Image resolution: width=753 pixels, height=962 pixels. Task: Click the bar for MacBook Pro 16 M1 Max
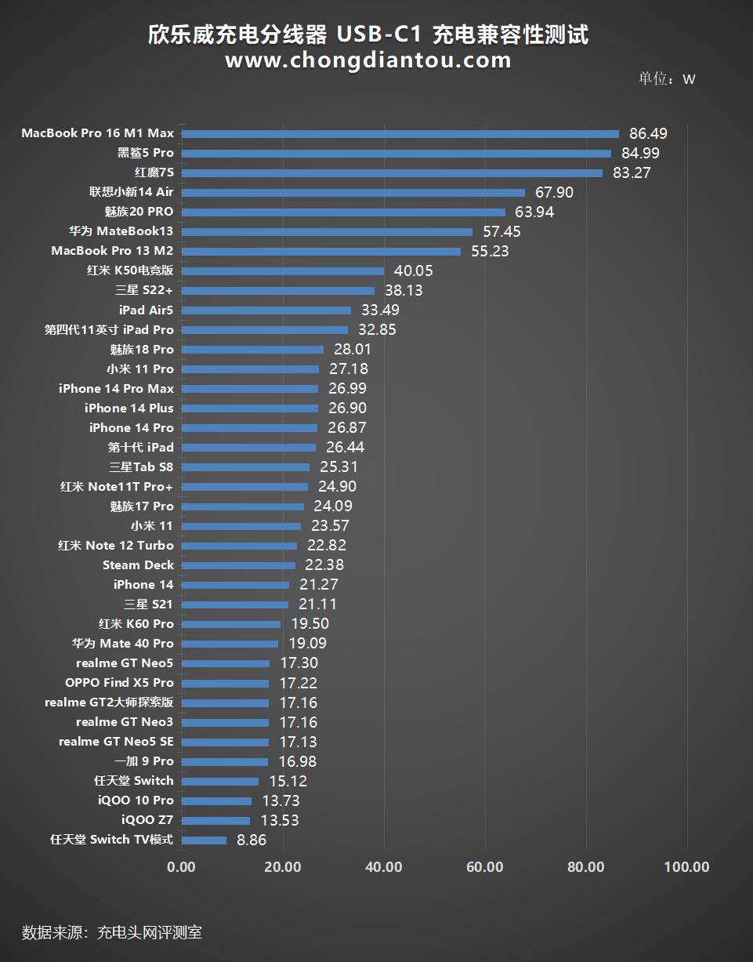coord(400,134)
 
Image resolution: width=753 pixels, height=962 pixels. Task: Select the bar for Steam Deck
coord(238,565)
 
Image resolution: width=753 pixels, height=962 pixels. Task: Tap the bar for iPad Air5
coord(266,310)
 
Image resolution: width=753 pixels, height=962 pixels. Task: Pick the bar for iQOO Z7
coord(215,821)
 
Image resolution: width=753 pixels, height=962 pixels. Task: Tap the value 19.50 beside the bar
coord(310,624)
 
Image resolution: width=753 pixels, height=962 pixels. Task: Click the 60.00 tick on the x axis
coord(485,866)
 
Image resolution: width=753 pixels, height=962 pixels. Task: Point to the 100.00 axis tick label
coord(687,866)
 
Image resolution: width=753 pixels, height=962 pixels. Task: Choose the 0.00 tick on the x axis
coord(182,866)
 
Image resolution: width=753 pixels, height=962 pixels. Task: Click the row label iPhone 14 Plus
coord(129,408)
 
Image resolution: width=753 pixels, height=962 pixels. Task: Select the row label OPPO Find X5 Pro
coord(119,683)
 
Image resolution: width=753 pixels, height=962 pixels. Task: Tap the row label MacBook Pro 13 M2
coord(112,251)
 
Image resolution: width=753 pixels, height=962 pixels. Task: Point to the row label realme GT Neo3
coord(125,722)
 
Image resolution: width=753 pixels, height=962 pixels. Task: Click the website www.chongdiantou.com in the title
coord(368,60)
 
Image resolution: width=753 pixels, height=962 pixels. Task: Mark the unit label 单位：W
coord(667,79)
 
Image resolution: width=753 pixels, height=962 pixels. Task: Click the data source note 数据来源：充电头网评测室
coord(112,932)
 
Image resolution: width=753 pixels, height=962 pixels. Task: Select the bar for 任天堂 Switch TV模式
coord(204,840)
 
